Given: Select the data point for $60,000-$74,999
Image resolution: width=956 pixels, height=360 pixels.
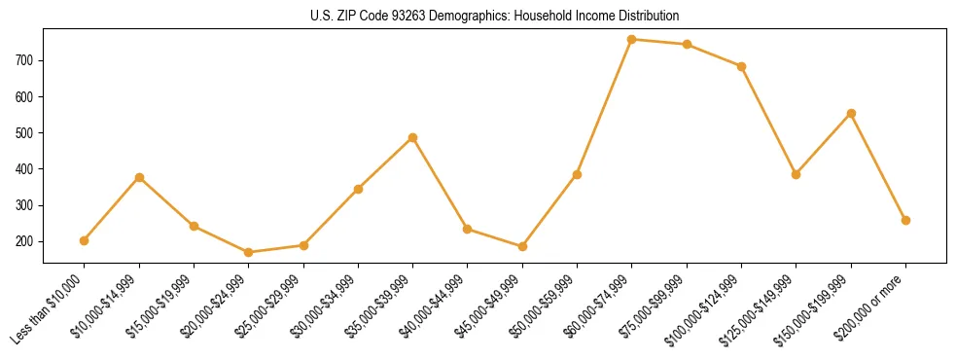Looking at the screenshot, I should coord(632,39).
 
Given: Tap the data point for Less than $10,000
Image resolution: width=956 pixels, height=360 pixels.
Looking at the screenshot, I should coord(85,240).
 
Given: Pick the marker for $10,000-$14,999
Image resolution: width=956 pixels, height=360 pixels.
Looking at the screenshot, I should coord(139,177).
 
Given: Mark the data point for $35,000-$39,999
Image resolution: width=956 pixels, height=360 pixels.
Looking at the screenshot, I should coord(412,137).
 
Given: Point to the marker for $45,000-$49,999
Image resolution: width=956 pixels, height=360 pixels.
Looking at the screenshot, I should coord(522,246).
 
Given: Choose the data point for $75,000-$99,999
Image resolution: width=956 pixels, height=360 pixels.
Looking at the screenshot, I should coord(687,44).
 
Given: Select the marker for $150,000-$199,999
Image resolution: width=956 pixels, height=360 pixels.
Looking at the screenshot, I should coord(851,113).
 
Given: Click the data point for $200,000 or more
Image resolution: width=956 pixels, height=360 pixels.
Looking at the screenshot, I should coord(905,220).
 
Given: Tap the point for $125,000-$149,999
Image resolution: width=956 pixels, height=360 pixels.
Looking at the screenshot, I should coord(796,174).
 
